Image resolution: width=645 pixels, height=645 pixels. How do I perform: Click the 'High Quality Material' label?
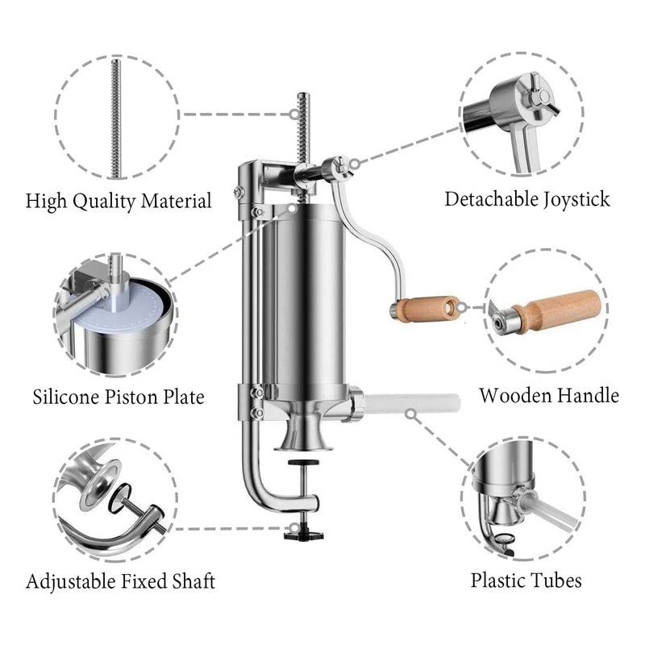click(x=119, y=200)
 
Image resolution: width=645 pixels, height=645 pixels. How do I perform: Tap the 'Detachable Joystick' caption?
click(x=527, y=198)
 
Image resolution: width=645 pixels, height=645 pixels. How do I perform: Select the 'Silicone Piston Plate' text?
click(x=119, y=397)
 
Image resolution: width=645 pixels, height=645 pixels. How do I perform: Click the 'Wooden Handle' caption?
click(x=548, y=395)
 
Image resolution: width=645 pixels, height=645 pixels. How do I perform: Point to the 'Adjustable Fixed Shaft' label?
click(x=121, y=580)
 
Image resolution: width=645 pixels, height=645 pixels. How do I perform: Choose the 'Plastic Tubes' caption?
click(x=526, y=580)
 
